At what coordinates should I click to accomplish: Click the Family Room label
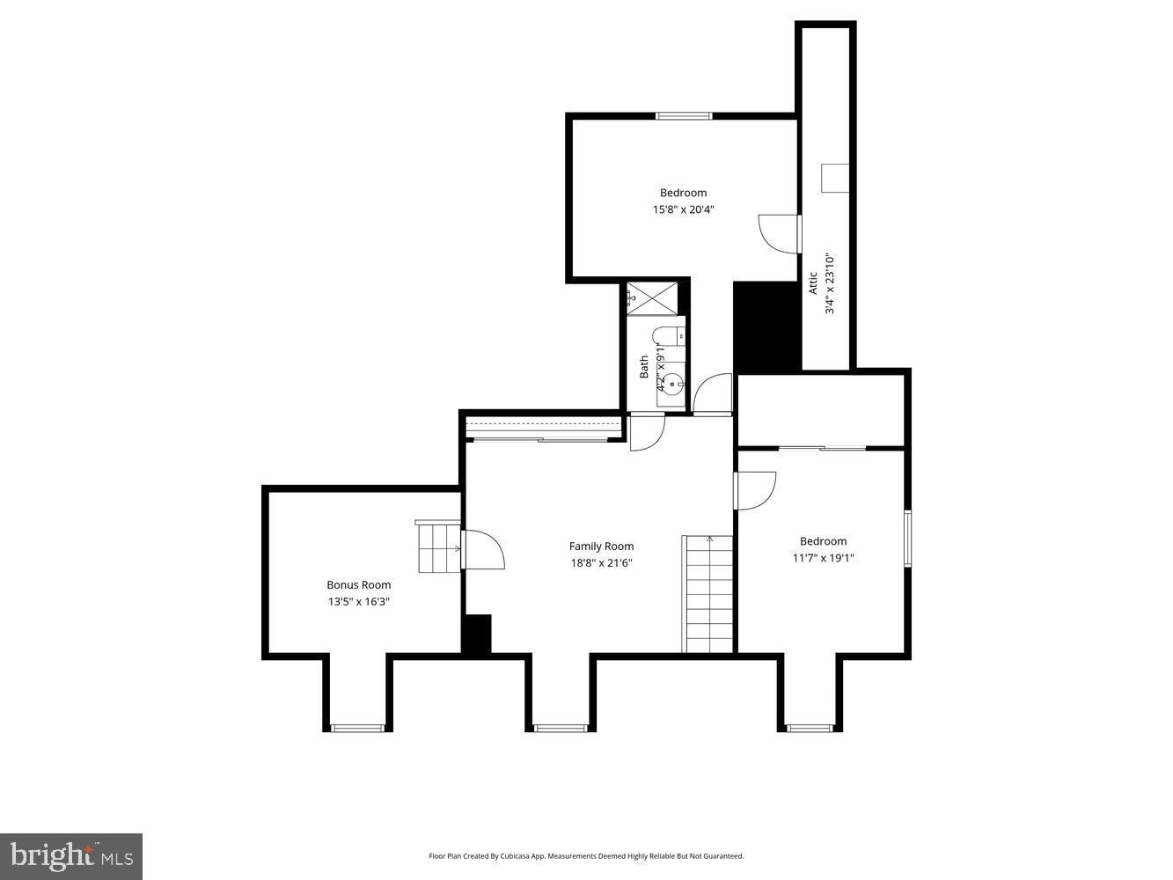601,546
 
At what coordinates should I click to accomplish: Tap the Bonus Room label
358,585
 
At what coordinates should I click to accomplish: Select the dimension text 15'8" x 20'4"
683,209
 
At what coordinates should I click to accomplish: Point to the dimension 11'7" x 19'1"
823,558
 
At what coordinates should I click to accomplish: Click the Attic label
813,282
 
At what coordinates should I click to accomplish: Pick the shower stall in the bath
653,297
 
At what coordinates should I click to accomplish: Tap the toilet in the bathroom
668,336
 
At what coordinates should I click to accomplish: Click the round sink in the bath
671,384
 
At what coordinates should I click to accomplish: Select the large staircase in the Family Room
708,594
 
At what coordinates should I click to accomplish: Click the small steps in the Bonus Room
438,546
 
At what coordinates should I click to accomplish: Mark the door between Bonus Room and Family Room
481,550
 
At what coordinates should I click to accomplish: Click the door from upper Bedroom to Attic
780,232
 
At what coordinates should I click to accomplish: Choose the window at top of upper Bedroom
684,115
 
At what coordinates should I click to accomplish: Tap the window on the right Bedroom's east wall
908,538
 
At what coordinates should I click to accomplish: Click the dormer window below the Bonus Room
357,728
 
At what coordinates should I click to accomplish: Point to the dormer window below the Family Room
561,728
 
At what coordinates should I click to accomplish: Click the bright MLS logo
72,855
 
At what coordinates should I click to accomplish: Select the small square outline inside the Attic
834,178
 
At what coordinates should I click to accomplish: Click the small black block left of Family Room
476,634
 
